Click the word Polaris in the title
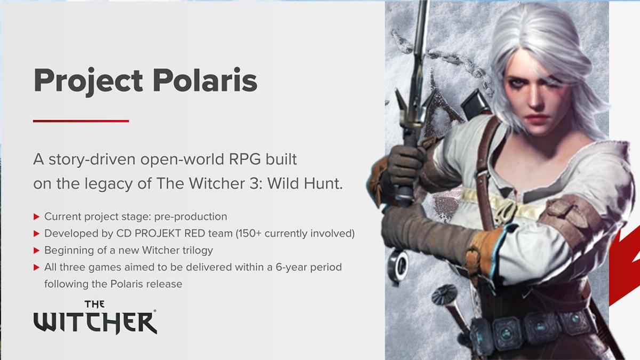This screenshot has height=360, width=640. coord(205,81)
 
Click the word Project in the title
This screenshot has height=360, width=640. coord(89,82)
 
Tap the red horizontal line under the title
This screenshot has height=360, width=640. coord(81,121)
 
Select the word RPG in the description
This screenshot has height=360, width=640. coord(245,159)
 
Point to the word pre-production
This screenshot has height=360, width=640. coord(190,217)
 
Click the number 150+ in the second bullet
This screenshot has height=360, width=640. coord(249,234)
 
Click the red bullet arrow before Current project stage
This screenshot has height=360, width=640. coord(36,217)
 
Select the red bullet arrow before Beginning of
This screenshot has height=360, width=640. coord(36,251)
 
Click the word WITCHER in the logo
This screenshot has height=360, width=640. coord(95,323)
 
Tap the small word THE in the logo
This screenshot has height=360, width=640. coord(94,305)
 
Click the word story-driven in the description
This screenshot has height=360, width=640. coord(92,160)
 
